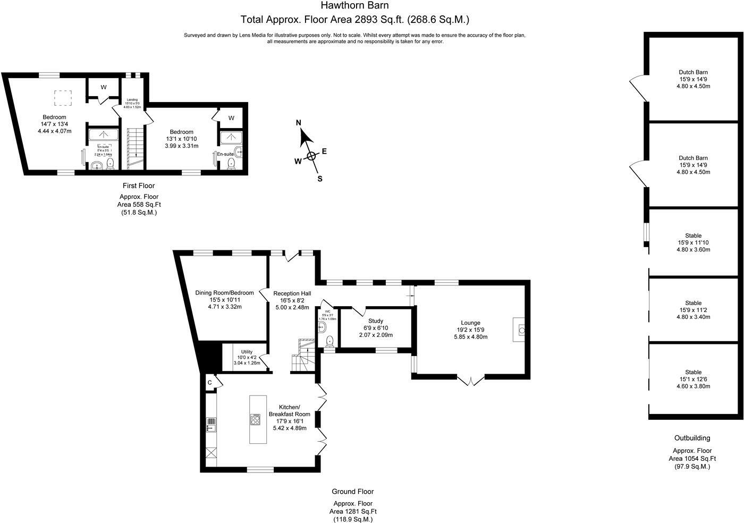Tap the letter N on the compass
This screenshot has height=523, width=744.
299,123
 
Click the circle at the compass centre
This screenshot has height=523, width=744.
311,156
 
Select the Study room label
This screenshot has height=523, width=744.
376,321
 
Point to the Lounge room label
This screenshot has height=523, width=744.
470,323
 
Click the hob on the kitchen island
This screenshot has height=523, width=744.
255,419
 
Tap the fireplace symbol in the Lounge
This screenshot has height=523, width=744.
521,331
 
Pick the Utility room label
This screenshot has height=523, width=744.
247,352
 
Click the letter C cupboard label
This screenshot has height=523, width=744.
209,382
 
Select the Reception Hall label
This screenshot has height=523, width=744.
292,293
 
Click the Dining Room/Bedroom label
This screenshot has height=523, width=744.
224,293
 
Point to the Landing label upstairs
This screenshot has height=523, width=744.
132,99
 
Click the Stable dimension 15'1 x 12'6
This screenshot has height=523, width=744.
693,379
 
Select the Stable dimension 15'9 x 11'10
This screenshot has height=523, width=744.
693,243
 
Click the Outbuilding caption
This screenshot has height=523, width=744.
692,438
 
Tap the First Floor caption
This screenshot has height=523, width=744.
139,186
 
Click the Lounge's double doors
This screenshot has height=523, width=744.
471,379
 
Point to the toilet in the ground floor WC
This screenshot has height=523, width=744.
329,341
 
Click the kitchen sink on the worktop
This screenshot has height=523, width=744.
211,424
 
